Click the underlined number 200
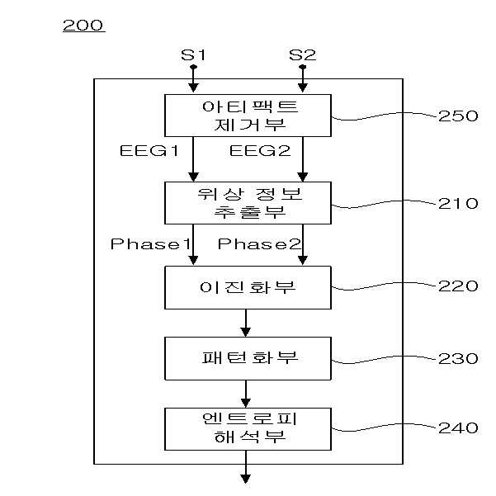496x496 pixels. pyautogui.click(x=83, y=26)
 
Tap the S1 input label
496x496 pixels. pyautogui.click(x=193, y=55)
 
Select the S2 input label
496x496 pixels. pyautogui.click(x=302, y=55)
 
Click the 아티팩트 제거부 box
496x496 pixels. pyautogui.click(x=248, y=116)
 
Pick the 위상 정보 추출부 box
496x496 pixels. pyautogui.click(x=248, y=203)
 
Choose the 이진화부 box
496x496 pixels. pyautogui.click(x=248, y=287)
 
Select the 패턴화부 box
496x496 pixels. pyautogui.click(x=248, y=358)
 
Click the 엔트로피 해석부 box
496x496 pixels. pyautogui.click(x=248, y=429)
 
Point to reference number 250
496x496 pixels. pyautogui.click(x=458, y=116)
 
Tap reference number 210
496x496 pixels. pyautogui.click(x=458, y=203)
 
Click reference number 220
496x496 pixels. pyautogui.click(x=458, y=286)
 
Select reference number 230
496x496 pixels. pyautogui.click(x=458, y=359)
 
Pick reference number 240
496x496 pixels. pyautogui.click(x=458, y=428)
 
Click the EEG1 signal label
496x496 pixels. pyautogui.click(x=149, y=150)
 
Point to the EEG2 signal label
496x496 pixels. pyautogui.click(x=260, y=150)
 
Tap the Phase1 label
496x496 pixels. pyautogui.click(x=150, y=244)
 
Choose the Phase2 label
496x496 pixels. pyautogui.click(x=259, y=244)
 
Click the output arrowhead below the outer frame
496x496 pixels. pyautogui.click(x=246, y=479)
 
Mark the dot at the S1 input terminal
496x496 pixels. pyautogui.click(x=193, y=67)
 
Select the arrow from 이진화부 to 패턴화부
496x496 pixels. pyautogui.click(x=246, y=323)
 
